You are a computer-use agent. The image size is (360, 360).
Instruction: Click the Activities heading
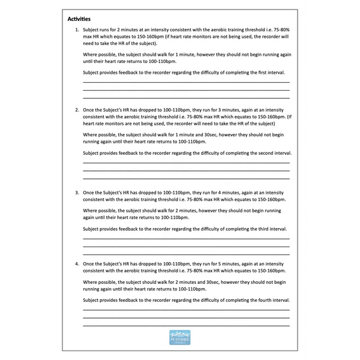(80, 19)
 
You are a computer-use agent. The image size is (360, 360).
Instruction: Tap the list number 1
(77, 29)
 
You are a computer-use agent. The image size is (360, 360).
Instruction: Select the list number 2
(77, 110)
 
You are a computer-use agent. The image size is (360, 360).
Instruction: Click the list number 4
(77, 263)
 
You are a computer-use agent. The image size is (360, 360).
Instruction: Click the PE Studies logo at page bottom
(179, 337)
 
